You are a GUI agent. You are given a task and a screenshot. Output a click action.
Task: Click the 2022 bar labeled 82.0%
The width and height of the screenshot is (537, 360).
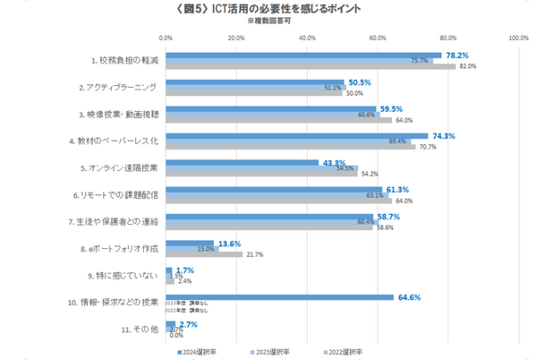click(310, 66)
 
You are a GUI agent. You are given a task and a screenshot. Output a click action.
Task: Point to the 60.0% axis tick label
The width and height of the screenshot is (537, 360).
click(377, 39)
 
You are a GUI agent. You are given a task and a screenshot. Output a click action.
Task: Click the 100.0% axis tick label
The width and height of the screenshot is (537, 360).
click(518, 39)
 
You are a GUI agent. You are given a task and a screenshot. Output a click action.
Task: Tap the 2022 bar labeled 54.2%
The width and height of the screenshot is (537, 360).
click(260, 174)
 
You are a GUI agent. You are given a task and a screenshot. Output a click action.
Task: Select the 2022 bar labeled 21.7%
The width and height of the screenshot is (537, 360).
click(203, 254)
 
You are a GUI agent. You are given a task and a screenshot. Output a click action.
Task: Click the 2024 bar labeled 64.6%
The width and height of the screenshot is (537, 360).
click(279, 296)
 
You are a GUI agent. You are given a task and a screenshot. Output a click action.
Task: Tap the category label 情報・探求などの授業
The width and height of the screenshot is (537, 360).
click(114, 302)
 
